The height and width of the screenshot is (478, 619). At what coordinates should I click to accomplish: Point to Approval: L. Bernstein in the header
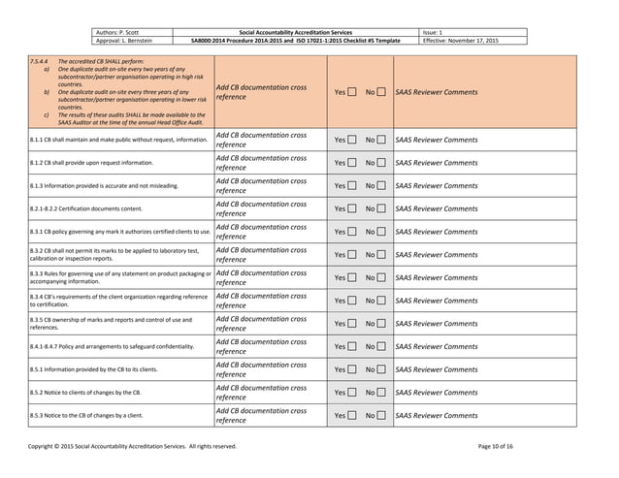coord(125,41)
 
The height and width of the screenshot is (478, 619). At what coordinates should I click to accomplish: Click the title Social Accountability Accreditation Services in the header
coord(301,32)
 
